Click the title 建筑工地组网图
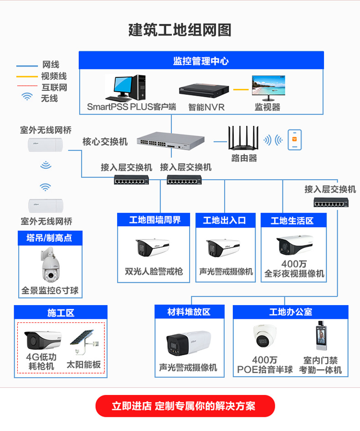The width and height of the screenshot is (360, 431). point(180,30)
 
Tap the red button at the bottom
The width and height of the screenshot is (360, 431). point(185,406)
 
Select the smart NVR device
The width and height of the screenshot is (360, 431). point(204,90)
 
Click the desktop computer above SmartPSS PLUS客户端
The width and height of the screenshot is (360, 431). point(125,88)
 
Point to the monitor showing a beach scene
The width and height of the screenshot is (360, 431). point(268,88)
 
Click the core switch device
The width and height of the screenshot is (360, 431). point(170,140)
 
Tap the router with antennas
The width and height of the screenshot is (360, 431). point(243,138)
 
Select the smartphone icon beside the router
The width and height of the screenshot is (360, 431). point(295,140)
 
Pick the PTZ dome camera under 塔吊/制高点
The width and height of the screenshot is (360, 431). point(50,265)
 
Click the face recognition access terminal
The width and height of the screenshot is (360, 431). point(322,335)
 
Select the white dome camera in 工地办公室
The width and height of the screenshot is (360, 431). point(264,336)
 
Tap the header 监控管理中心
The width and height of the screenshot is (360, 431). point(201,61)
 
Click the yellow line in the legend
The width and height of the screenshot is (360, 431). point(27,77)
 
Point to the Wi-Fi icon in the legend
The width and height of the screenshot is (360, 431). point(27,97)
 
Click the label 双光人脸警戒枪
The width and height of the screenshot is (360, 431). point(154,271)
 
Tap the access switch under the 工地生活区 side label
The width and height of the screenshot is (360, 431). point(331,203)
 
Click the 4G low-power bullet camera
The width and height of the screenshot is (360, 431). point(43,340)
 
